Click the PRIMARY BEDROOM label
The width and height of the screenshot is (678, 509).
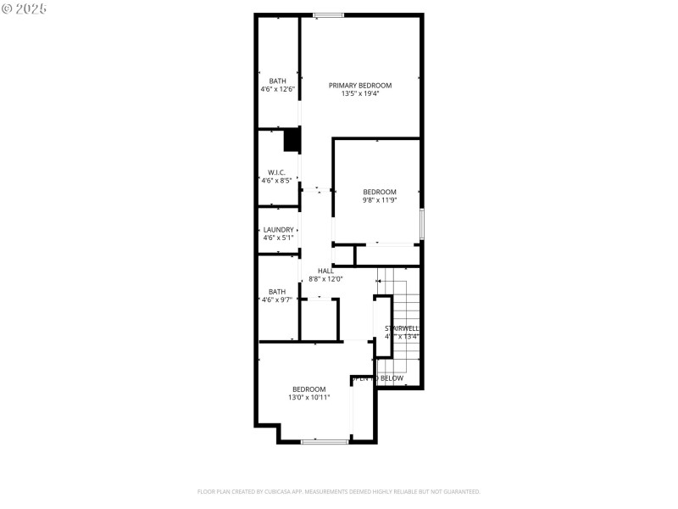(x=360, y=85)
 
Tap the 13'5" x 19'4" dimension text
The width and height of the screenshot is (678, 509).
(x=360, y=93)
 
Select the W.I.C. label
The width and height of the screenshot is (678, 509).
(x=277, y=172)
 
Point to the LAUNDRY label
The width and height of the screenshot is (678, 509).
(x=278, y=230)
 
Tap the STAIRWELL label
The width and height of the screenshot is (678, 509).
(x=402, y=328)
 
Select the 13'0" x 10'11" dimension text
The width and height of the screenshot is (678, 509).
(x=309, y=397)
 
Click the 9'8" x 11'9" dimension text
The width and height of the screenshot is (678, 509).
(x=380, y=200)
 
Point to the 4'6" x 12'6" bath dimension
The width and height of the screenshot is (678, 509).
(x=277, y=89)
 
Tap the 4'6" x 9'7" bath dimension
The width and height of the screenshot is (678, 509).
(x=277, y=299)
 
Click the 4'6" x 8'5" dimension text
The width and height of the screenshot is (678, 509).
(x=277, y=180)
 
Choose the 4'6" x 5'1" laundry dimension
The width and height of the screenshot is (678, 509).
(x=278, y=238)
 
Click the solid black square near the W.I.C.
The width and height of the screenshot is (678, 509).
(x=292, y=140)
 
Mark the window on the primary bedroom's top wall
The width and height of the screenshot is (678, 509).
(x=328, y=14)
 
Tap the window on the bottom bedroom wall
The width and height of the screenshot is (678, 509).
(x=325, y=441)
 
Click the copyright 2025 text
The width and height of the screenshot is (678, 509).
(x=25, y=8)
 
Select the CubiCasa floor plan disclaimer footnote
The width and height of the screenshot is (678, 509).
(x=339, y=491)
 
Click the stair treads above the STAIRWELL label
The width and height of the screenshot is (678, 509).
(x=398, y=293)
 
